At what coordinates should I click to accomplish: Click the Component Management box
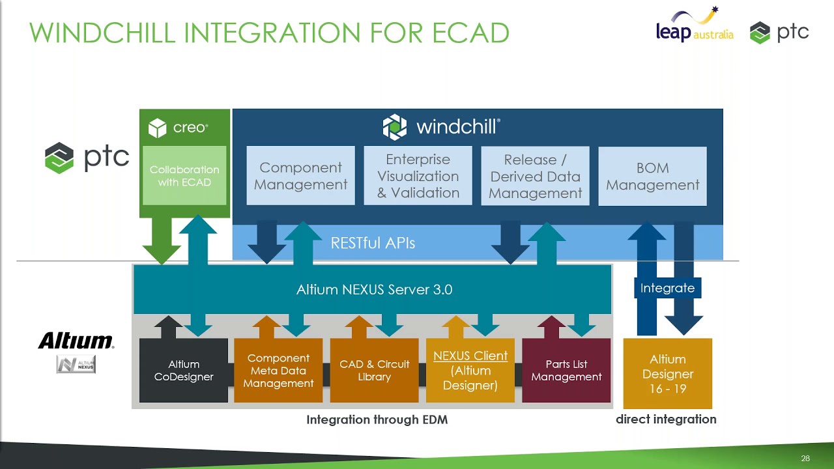coord(300,176)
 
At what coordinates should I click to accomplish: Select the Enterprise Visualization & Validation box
coord(418,176)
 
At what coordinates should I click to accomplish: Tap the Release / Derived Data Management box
coord(535,176)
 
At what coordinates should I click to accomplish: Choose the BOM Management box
coord(652,176)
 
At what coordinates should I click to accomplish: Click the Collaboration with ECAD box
coord(184,176)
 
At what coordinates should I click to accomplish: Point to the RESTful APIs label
coord(373,243)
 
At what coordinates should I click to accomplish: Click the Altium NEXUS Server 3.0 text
coord(374,289)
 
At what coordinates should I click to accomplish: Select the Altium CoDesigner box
coord(184,370)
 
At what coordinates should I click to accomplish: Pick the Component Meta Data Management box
coord(278,370)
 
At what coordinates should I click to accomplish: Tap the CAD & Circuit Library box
coord(374,370)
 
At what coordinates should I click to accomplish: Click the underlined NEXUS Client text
coord(470,356)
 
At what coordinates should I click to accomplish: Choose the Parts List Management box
coord(566,370)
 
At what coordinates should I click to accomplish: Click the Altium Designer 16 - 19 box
coord(667,374)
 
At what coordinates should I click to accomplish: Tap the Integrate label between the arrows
coord(667,288)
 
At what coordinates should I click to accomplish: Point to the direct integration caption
coord(666,419)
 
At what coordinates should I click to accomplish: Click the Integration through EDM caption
coord(377,420)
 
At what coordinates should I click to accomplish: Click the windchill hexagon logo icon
coord(394,127)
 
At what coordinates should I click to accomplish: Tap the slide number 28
coord(805,459)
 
